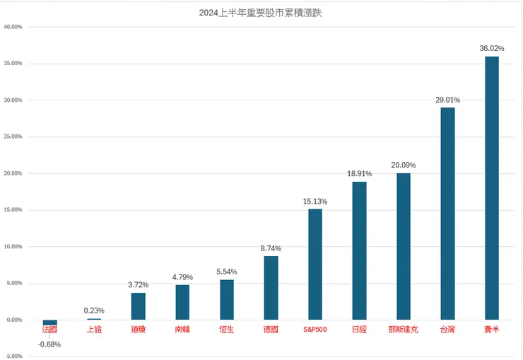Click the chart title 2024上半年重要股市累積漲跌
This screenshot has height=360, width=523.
click(x=261, y=12)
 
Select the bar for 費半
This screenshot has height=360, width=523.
click(x=492, y=188)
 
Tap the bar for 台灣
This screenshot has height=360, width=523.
click(x=447, y=214)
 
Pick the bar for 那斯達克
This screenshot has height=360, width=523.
click(x=404, y=246)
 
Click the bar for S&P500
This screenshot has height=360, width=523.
click(x=315, y=265)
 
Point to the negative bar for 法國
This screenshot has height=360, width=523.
click(x=49, y=323)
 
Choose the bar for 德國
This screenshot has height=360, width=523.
click(x=271, y=288)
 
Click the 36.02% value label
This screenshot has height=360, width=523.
click(x=492, y=49)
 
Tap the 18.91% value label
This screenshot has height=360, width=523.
click(x=359, y=174)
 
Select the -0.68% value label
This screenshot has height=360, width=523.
click(x=49, y=344)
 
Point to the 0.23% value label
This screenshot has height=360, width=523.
click(x=94, y=310)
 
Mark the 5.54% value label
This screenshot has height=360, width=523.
click(x=227, y=272)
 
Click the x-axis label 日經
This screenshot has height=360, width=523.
click(x=359, y=330)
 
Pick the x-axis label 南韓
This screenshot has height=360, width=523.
click(x=182, y=330)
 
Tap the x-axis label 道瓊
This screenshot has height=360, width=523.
click(x=139, y=330)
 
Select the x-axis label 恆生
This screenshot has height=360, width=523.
click(x=227, y=330)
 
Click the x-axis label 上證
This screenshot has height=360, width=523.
click(x=94, y=330)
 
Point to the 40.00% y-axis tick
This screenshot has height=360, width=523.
click(x=13, y=27)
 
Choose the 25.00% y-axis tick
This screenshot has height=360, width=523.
click(x=13, y=137)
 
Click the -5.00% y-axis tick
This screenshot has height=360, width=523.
click(x=13, y=356)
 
